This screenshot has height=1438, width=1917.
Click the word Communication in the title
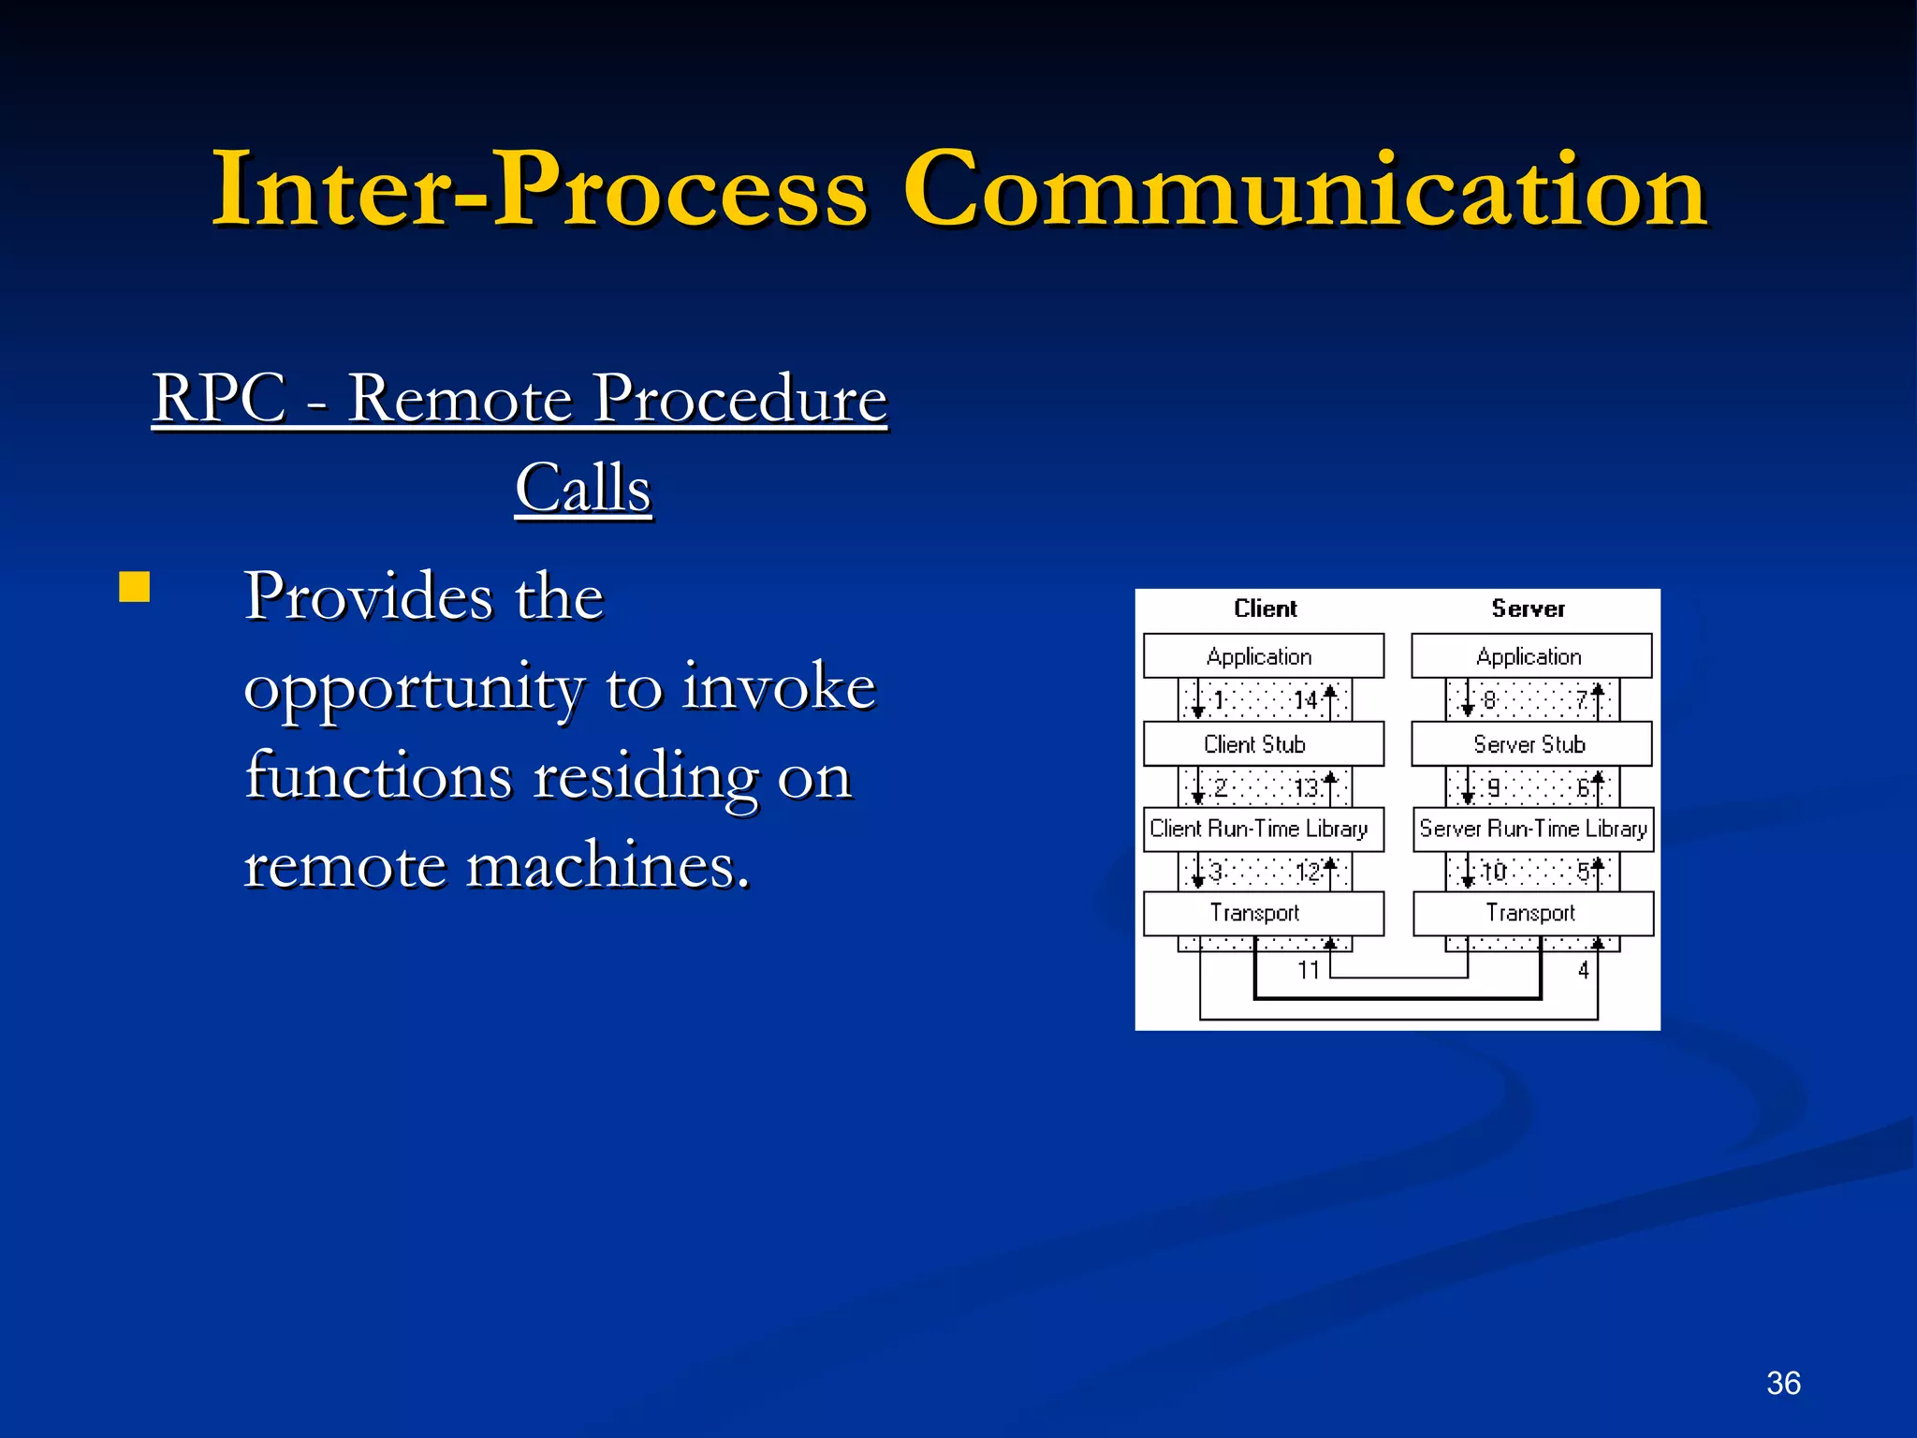point(1305,190)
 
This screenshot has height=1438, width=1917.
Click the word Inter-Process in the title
point(540,190)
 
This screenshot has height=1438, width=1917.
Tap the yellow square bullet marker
point(135,587)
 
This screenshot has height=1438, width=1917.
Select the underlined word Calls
point(582,489)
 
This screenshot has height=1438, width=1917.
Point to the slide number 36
point(1783,1383)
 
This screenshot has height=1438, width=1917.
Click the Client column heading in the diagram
point(1265,609)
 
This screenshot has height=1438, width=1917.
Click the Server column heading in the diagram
point(1528,609)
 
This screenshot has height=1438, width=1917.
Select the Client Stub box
point(1263,744)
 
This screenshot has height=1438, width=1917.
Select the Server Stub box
point(1531,744)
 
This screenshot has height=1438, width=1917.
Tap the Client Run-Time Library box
point(1263,829)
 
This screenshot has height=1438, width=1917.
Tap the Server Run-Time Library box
point(1532,829)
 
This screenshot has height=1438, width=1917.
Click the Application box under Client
point(1263,656)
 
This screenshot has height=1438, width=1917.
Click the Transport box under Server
point(1532,913)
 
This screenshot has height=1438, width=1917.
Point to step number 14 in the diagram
point(1305,700)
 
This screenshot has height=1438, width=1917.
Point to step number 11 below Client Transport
point(1308,970)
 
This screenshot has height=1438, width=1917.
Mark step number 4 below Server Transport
point(1583,970)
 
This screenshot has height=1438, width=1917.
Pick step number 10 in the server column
point(1494,873)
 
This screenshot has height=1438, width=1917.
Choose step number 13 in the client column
point(1305,787)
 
